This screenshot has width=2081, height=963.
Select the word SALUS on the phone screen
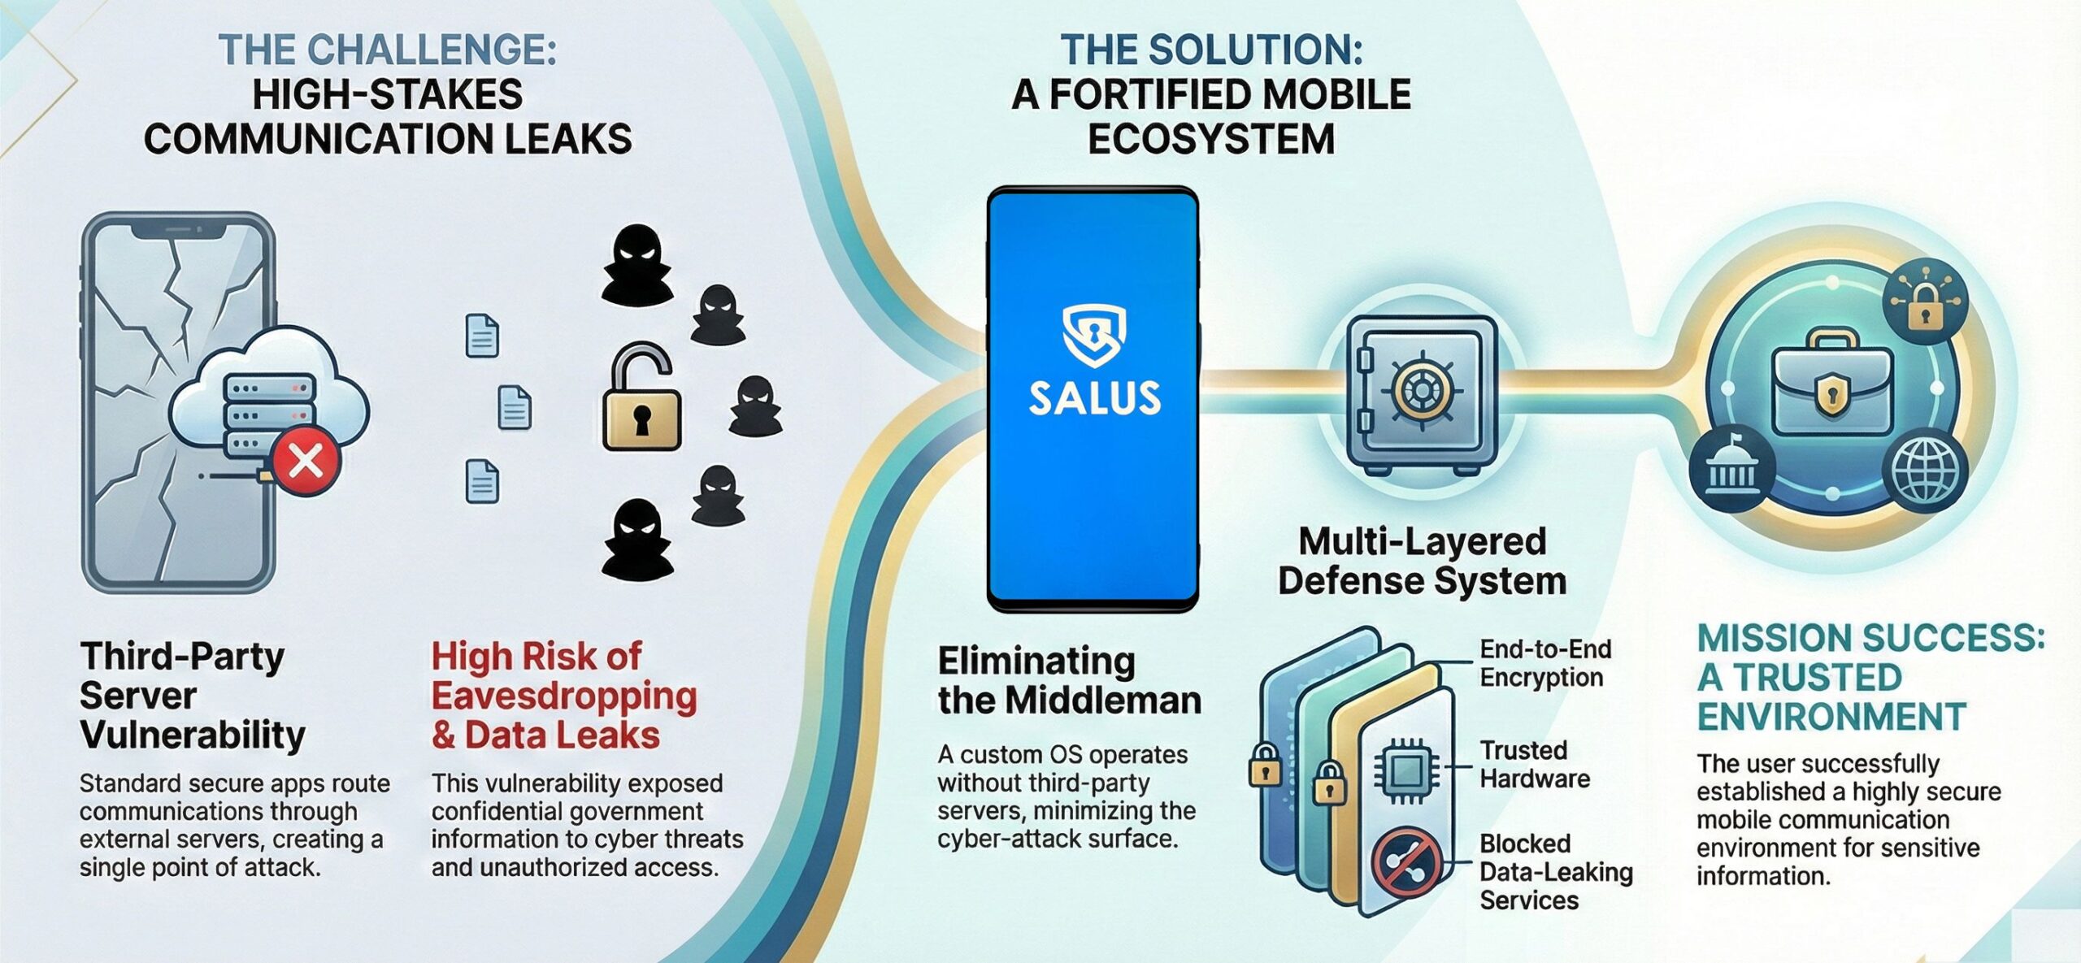[1094, 398]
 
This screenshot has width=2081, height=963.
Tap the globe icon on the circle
[1929, 471]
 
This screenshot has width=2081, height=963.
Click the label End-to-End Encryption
[1544, 663]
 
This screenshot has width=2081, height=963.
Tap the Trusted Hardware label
[1534, 764]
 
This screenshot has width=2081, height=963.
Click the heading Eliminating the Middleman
[1069, 680]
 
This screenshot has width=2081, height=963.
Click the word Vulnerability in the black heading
[193, 735]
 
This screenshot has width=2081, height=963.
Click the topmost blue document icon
[482, 336]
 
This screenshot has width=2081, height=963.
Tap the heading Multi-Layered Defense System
[1422, 561]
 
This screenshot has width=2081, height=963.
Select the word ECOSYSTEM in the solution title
[1210, 138]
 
